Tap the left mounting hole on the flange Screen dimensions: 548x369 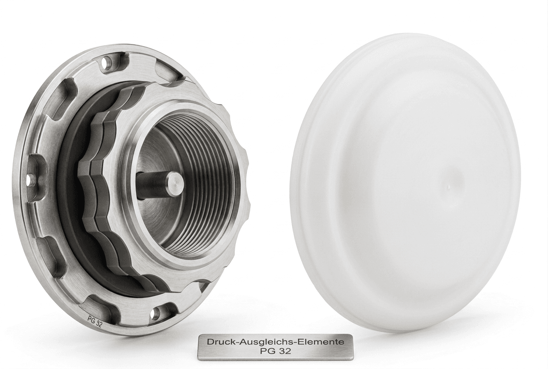(x=30, y=178)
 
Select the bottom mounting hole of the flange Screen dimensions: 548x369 (x=157, y=312)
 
